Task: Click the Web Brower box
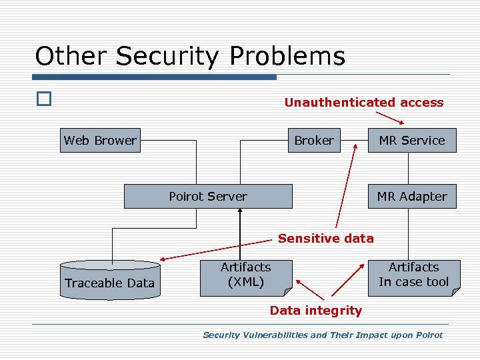pos(100,141)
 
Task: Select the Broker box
pos(314,141)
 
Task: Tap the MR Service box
pos(412,141)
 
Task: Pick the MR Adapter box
pos(412,197)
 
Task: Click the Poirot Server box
pos(208,197)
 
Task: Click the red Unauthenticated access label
pos(363,103)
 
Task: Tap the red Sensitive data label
pos(325,238)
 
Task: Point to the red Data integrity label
pos(315,310)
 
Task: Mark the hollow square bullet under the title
pos(43,99)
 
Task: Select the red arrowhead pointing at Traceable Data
pos(163,258)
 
